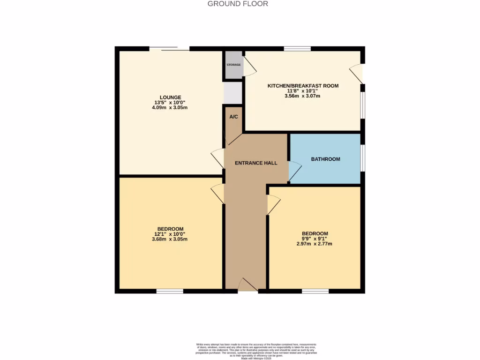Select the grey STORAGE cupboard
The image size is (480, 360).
233,65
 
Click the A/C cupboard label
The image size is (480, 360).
233,117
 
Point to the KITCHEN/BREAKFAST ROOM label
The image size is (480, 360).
303,86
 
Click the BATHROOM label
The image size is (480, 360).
325,159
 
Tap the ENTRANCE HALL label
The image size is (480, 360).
256,163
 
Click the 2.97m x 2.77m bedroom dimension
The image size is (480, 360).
315,244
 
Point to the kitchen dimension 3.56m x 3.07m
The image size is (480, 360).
303,96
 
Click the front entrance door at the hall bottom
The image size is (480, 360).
248,285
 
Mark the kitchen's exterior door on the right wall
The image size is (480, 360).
357,73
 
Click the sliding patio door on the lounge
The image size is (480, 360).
169,48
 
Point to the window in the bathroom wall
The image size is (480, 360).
363,159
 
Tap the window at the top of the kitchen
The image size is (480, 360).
297,48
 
